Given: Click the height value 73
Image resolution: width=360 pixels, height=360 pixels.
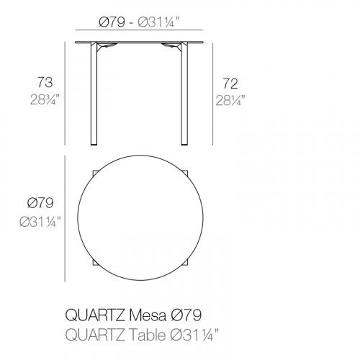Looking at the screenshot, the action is [x=45, y=82].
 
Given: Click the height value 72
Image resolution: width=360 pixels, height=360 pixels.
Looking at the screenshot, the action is [x=230, y=84].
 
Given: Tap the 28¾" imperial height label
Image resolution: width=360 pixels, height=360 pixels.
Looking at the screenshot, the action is [x=45, y=99].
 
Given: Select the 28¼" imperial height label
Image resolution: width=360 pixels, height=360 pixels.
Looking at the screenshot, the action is [x=230, y=100].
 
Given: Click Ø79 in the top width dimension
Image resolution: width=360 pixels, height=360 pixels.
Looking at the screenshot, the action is [x=112, y=22].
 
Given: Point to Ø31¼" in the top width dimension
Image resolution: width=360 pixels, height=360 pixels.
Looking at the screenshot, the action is [x=158, y=22].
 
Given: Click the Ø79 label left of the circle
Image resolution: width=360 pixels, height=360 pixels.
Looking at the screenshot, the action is [x=40, y=203].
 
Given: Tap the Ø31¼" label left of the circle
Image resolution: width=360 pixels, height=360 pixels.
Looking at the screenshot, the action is [x=40, y=221].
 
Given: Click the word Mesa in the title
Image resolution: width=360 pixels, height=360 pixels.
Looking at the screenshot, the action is [x=148, y=315].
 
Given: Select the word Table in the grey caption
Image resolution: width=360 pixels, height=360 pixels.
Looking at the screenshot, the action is [x=148, y=334].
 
